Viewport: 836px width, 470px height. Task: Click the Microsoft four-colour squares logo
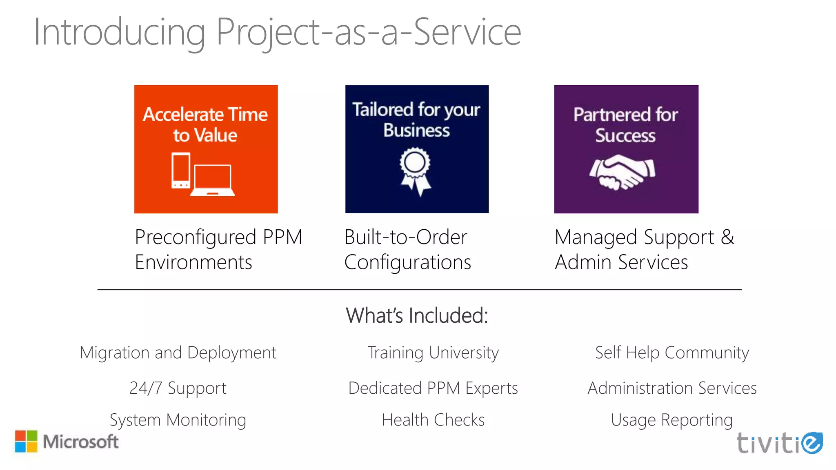coord(26,441)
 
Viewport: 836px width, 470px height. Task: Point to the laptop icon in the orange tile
coord(213,180)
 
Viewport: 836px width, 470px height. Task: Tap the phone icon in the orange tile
coord(181,171)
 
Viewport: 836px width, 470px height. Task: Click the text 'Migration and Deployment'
coord(178,353)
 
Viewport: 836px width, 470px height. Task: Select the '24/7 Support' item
coord(178,388)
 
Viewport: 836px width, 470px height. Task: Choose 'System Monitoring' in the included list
coord(178,420)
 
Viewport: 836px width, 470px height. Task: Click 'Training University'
coord(433,353)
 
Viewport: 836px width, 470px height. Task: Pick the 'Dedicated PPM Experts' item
coord(433,388)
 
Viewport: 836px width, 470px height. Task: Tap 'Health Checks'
coord(433,420)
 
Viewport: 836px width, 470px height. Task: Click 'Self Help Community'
coord(672,353)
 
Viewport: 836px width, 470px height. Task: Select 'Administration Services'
coord(672,388)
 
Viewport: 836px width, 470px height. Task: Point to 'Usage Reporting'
coord(672,420)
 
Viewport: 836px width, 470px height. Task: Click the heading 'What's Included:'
coord(417,315)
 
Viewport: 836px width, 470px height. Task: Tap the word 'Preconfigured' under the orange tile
coord(196,237)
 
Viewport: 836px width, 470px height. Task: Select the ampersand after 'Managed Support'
coord(727,237)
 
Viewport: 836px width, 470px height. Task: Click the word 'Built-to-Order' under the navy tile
coord(405,237)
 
